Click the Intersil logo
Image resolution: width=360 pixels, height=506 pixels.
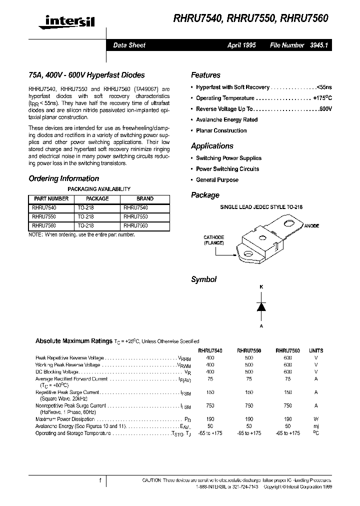pos(69,20)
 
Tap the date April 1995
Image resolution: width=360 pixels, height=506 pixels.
pos(241,45)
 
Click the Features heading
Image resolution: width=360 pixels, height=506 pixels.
pos(205,75)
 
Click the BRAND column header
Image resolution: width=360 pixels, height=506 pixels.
pos(145,198)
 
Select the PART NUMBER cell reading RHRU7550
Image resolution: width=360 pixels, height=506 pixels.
pos(44,216)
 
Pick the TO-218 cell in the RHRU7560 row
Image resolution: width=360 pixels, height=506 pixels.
pos(85,225)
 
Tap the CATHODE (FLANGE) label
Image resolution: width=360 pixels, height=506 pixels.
pos(213,240)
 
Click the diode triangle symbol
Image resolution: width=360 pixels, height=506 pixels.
pos(260,307)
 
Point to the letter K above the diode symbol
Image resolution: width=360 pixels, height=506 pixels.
pos(260,287)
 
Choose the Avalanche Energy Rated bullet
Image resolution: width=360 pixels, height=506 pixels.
pos(226,120)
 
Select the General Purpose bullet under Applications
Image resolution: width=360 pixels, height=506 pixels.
pos(217,180)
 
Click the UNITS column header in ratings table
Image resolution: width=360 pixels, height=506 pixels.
pos(315,351)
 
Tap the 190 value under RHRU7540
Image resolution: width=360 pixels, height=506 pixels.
pos(210,419)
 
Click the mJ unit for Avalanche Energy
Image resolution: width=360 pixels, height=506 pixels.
pos(315,426)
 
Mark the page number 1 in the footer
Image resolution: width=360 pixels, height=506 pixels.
pos(100,480)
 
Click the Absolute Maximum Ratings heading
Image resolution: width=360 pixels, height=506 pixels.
pos(73,341)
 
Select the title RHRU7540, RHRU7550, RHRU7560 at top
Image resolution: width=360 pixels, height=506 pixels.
pos(250,19)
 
